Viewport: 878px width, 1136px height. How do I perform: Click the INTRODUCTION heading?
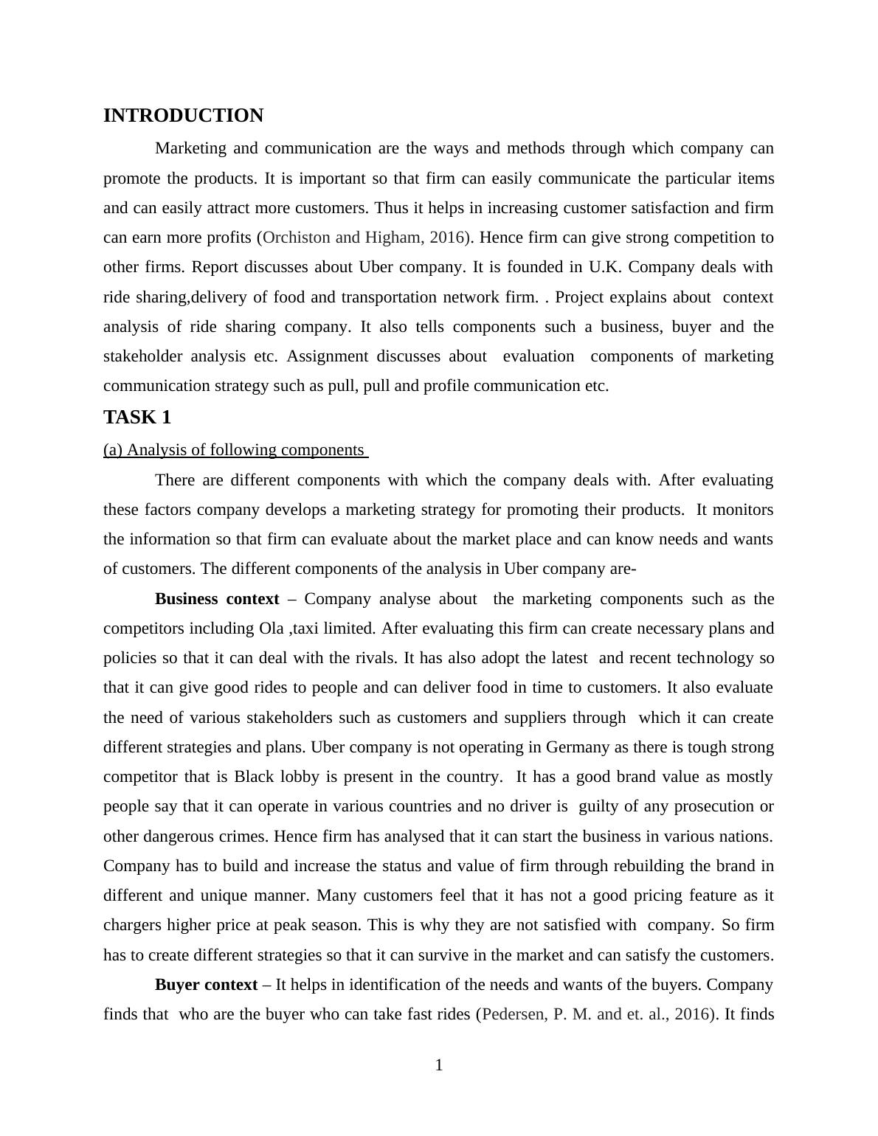[183, 116]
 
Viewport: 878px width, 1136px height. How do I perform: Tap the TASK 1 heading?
[137, 418]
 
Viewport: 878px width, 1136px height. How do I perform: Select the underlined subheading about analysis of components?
[235, 450]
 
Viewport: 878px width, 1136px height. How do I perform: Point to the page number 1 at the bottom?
[439, 1065]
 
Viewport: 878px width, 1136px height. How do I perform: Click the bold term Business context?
[217, 599]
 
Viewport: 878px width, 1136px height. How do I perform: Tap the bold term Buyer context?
[206, 985]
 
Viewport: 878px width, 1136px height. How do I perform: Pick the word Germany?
[578, 747]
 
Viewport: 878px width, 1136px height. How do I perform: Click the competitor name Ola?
[271, 628]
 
